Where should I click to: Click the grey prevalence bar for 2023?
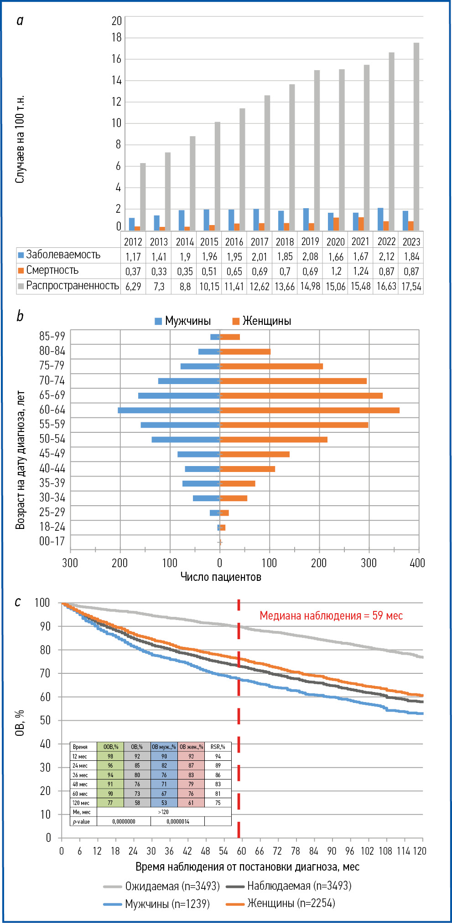click(416, 137)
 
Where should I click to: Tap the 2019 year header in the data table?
click(310, 241)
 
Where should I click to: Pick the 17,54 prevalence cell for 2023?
click(411, 287)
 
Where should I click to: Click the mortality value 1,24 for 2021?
click(361, 272)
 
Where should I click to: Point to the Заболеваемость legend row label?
click(63, 255)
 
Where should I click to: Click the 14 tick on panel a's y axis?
click(117, 81)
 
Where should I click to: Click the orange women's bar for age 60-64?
click(310, 410)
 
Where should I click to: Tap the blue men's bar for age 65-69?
click(179, 395)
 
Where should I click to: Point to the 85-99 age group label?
click(52, 336)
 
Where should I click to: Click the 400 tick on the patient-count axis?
click(417, 563)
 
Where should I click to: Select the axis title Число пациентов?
click(221, 577)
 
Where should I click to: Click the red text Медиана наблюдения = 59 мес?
click(331, 615)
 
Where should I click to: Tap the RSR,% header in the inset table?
click(218, 747)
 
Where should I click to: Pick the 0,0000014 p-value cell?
click(177, 821)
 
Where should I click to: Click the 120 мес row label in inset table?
click(81, 803)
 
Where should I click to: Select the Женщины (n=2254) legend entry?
click(291, 903)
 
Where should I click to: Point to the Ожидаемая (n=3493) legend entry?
click(172, 886)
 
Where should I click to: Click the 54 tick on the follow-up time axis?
click(223, 851)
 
